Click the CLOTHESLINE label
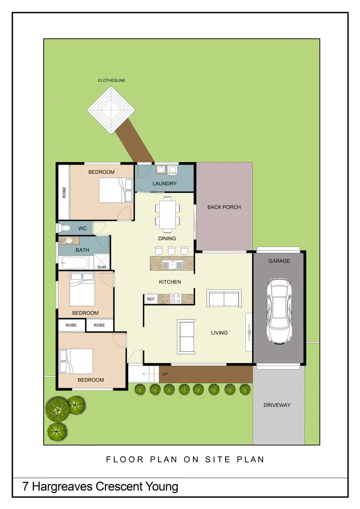(x=111, y=81)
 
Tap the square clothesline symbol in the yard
(x=111, y=110)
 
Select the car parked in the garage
(x=278, y=311)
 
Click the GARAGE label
(x=279, y=261)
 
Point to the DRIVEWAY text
(x=277, y=405)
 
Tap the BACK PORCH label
(x=224, y=207)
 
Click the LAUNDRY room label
(x=165, y=184)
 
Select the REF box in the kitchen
(x=151, y=299)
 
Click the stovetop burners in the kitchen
(x=176, y=298)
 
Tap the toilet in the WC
(x=66, y=228)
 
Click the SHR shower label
(x=102, y=268)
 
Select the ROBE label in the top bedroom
(x=64, y=192)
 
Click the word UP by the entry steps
(x=165, y=374)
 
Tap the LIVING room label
(x=219, y=333)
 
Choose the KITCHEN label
(x=170, y=282)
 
